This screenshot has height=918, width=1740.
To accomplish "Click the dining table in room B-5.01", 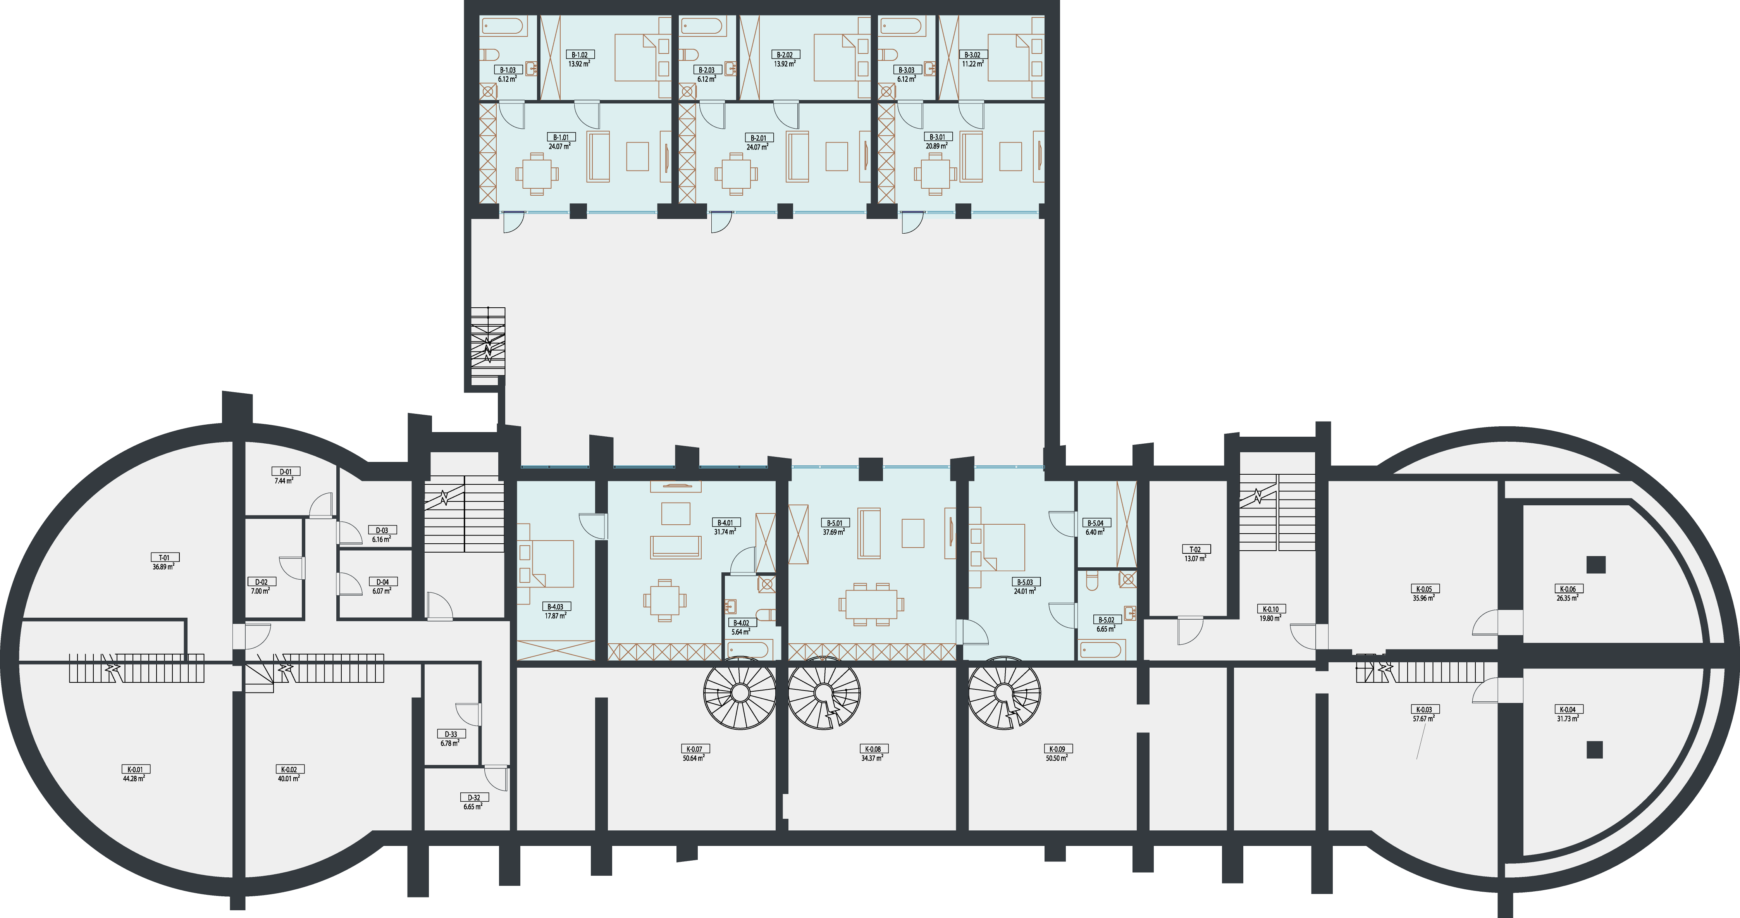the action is point(871,604).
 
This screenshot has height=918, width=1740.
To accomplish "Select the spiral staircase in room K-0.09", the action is point(1004,693).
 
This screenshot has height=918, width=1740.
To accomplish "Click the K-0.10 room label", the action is point(1270,609).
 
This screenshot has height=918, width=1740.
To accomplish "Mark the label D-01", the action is point(286,472).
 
